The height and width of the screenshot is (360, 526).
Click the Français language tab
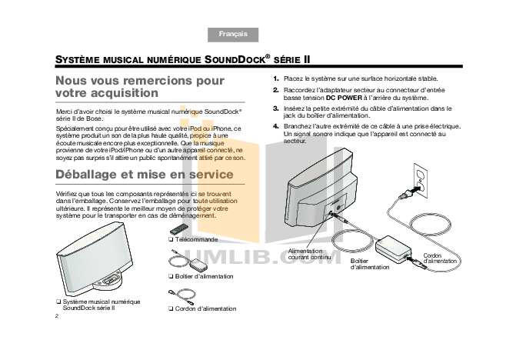point(233,35)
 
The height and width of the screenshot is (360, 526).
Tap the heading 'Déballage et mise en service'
point(145,175)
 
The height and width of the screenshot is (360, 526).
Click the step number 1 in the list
point(276,78)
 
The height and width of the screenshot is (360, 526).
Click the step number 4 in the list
point(276,126)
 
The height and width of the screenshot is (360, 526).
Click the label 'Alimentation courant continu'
point(310,255)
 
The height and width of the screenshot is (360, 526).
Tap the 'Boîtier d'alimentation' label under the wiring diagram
point(370,265)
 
